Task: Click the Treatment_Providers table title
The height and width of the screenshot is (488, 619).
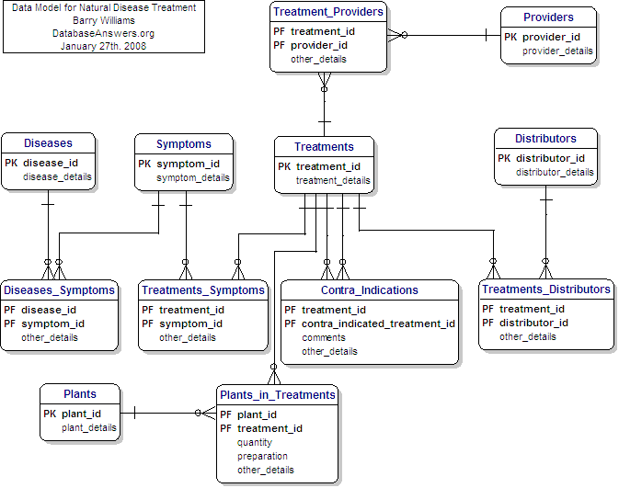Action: tap(327, 12)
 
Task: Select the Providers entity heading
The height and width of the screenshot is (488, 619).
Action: tap(548, 17)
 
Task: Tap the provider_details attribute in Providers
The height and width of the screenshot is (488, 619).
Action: tap(557, 51)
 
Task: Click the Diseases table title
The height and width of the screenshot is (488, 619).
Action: tap(48, 142)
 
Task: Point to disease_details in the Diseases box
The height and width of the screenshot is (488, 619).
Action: tap(58, 177)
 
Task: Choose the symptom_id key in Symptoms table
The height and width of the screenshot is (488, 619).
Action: tap(192, 163)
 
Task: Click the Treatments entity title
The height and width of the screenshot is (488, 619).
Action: tap(324, 146)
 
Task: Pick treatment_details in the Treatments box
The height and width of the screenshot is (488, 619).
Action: tap(333, 181)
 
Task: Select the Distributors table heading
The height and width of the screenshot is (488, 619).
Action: tap(545, 139)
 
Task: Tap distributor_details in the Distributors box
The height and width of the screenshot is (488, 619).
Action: tap(555, 172)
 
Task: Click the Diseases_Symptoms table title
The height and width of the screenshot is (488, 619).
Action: tap(59, 290)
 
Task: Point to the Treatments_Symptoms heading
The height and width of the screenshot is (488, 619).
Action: tap(203, 290)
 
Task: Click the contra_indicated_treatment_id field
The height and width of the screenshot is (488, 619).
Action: tap(378, 323)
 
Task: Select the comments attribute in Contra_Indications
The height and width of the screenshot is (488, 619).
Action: tap(324, 337)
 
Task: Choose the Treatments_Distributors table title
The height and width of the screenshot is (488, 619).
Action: tap(546, 289)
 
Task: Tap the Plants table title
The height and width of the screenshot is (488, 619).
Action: tap(80, 394)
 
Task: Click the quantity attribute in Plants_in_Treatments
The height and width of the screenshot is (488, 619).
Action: tap(255, 442)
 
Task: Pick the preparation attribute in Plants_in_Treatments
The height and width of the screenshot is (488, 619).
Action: tap(262, 456)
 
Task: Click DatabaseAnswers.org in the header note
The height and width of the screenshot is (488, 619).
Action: tap(103, 32)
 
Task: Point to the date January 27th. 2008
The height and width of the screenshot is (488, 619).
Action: tap(103, 45)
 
